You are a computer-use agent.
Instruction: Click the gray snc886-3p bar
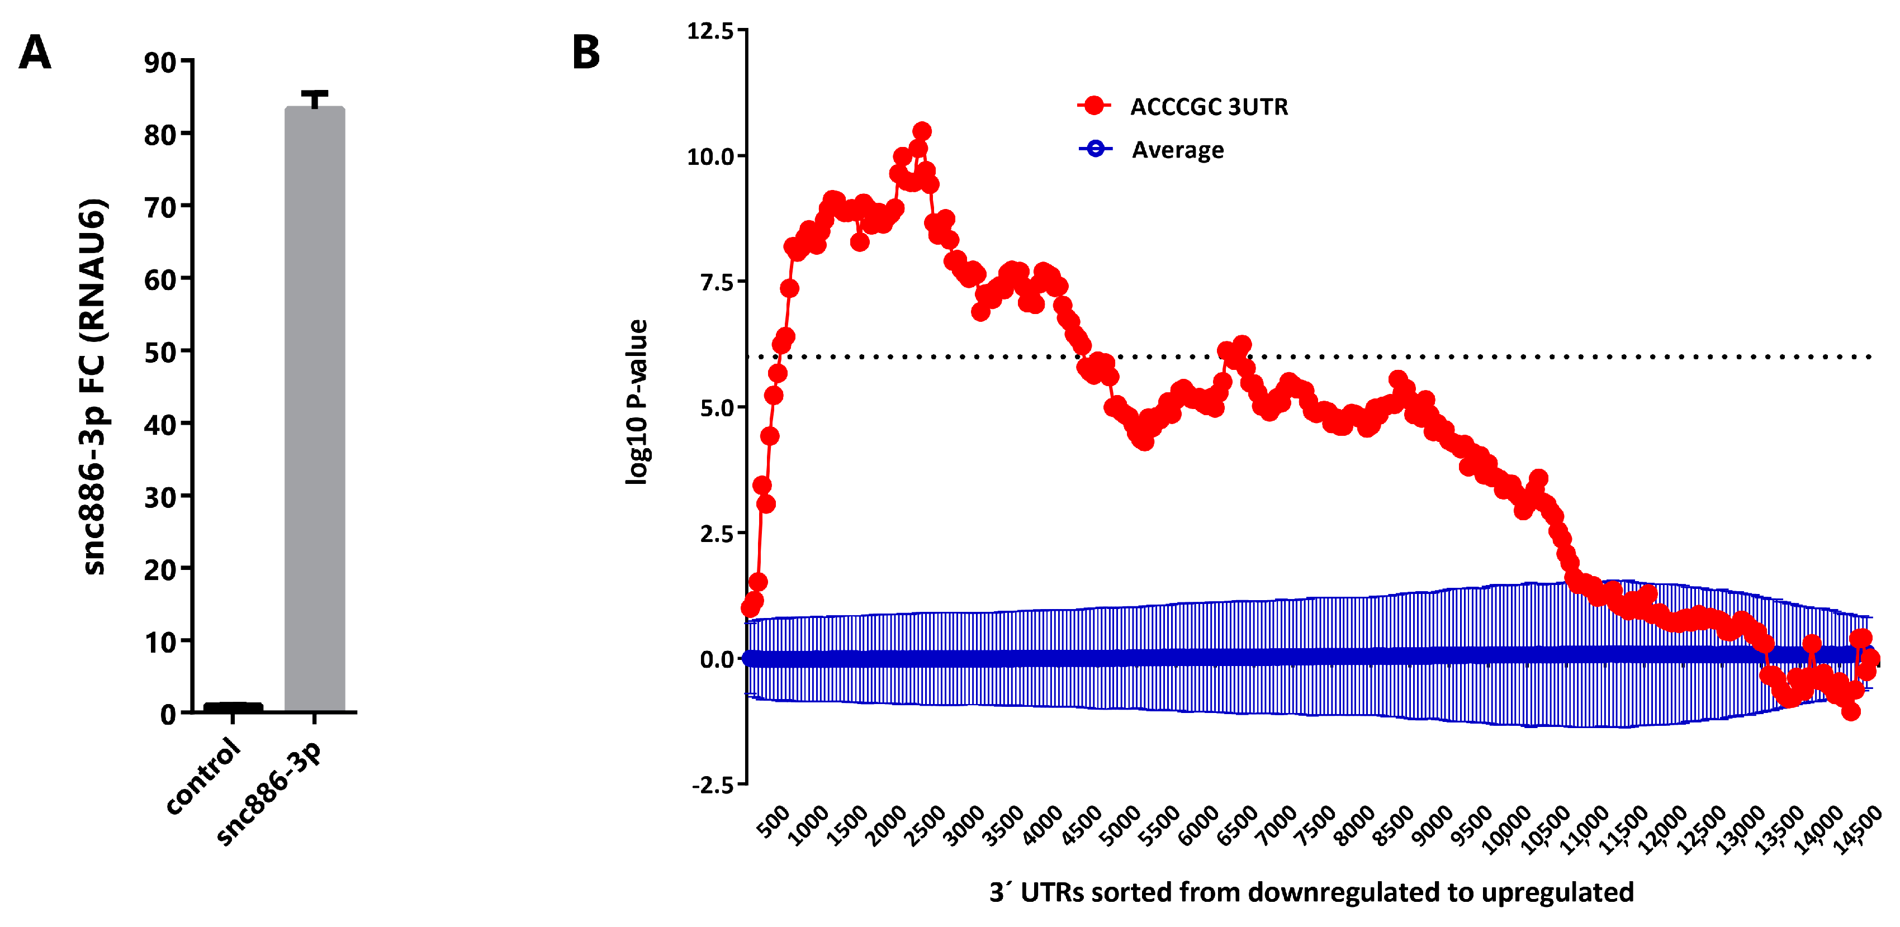(x=315, y=409)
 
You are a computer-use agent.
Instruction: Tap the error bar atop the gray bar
(x=315, y=98)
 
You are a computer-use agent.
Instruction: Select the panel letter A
(x=35, y=53)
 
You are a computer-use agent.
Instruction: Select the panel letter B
(x=586, y=53)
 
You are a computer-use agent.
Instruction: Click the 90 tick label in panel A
(x=160, y=64)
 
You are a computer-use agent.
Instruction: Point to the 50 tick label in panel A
(x=160, y=353)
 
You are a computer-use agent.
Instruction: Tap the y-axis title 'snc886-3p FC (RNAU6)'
(x=94, y=387)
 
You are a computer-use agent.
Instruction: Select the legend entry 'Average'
(x=1177, y=150)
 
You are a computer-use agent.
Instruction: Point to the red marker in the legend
(x=1094, y=106)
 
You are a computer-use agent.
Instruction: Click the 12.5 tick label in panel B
(x=710, y=31)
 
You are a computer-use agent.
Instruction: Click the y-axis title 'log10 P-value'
(x=637, y=402)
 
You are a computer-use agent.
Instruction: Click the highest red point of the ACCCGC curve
(x=922, y=131)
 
